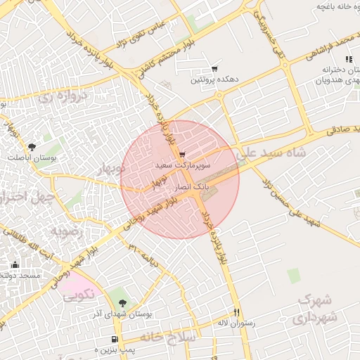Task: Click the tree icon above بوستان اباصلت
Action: click(32, 146)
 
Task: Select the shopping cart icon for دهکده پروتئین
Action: click(214, 69)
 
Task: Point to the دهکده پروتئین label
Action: click(214, 80)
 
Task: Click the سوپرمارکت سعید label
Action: click(183, 165)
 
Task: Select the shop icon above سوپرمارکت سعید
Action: click(183, 154)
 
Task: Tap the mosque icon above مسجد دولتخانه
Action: click(15, 265)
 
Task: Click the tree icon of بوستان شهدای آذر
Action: click(124, 302)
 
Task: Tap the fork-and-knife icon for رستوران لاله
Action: click(237, 312)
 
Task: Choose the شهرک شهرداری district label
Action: click(315, 309)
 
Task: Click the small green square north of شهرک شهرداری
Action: click(293, 275)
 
